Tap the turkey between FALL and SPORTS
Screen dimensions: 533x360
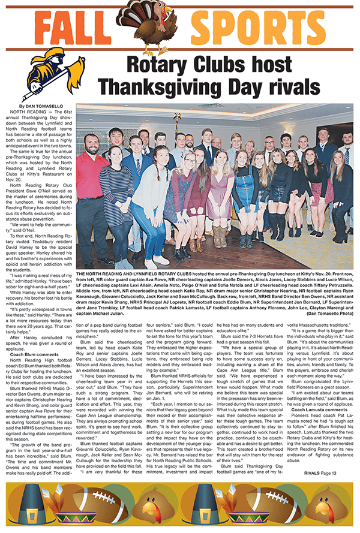coord(163,24)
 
